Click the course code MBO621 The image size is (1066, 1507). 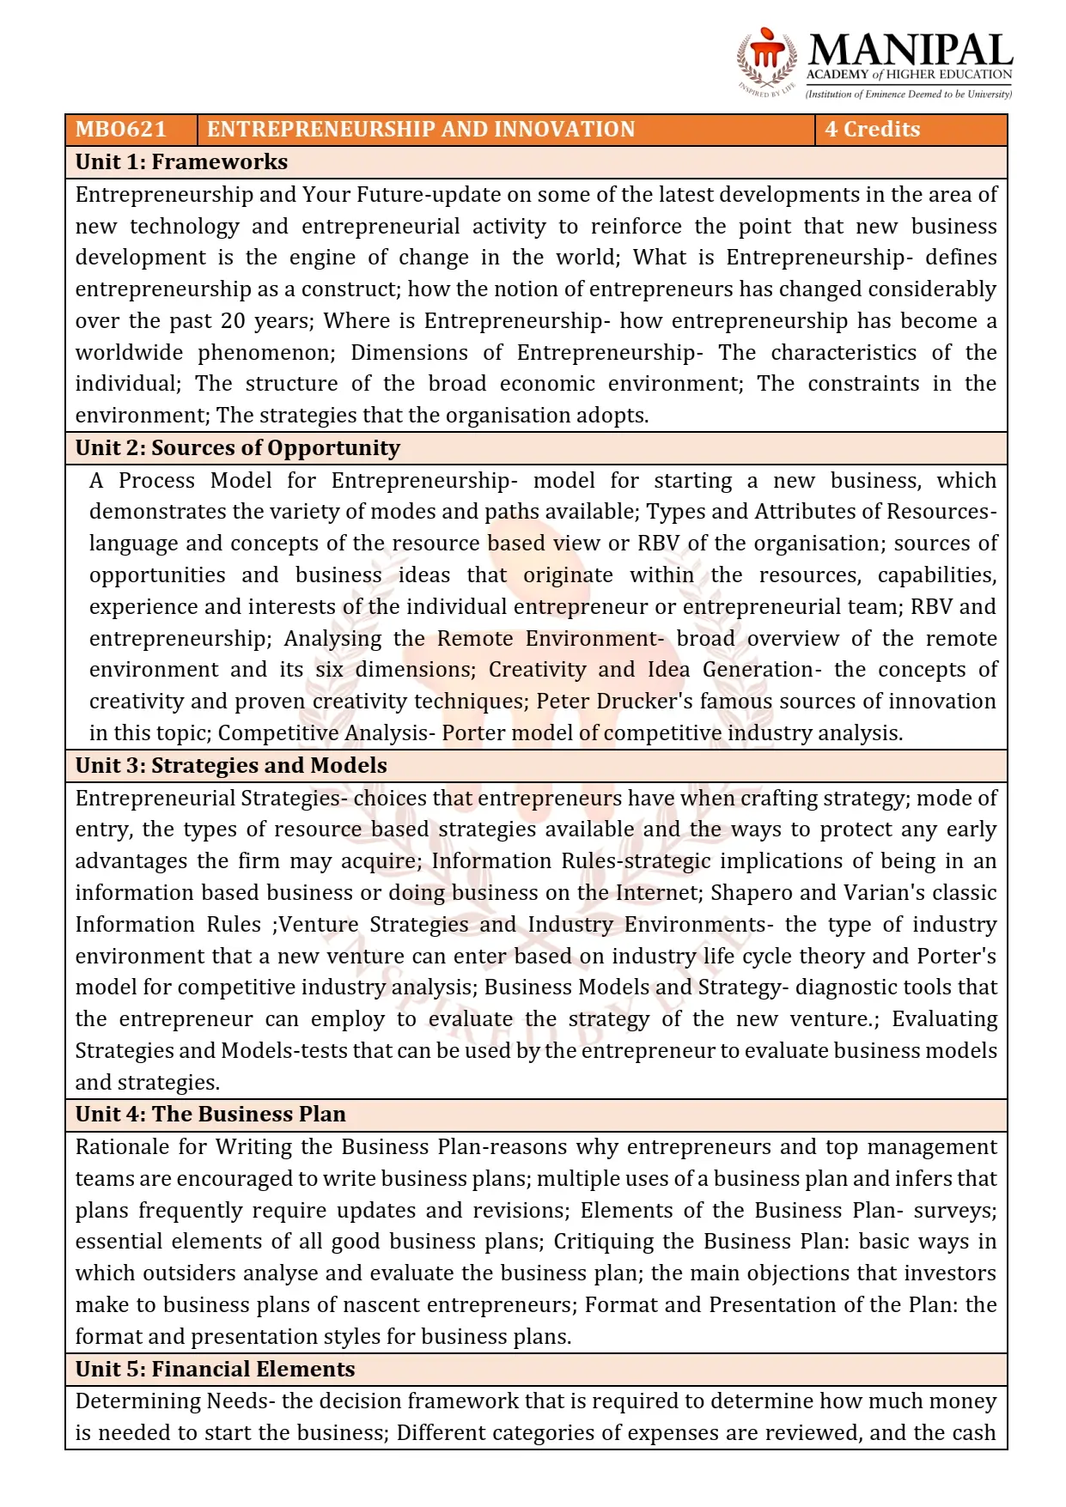(x=120, y=130)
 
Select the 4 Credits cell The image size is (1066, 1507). (x=872, y=130)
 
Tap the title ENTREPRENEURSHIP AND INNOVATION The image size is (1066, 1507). (x=420, y=130)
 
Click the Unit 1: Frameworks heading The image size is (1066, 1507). (x=181, y=162)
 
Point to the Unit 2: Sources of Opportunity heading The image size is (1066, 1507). (x=237, y=448)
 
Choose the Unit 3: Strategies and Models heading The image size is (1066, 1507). (x=231, y=766)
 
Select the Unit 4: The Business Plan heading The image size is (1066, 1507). (x=210, y=1115)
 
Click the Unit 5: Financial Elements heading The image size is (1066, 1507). (x=215, y=1370)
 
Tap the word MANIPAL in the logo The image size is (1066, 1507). (x=910, y=51)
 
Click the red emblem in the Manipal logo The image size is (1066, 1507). (x=766, y=53)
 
